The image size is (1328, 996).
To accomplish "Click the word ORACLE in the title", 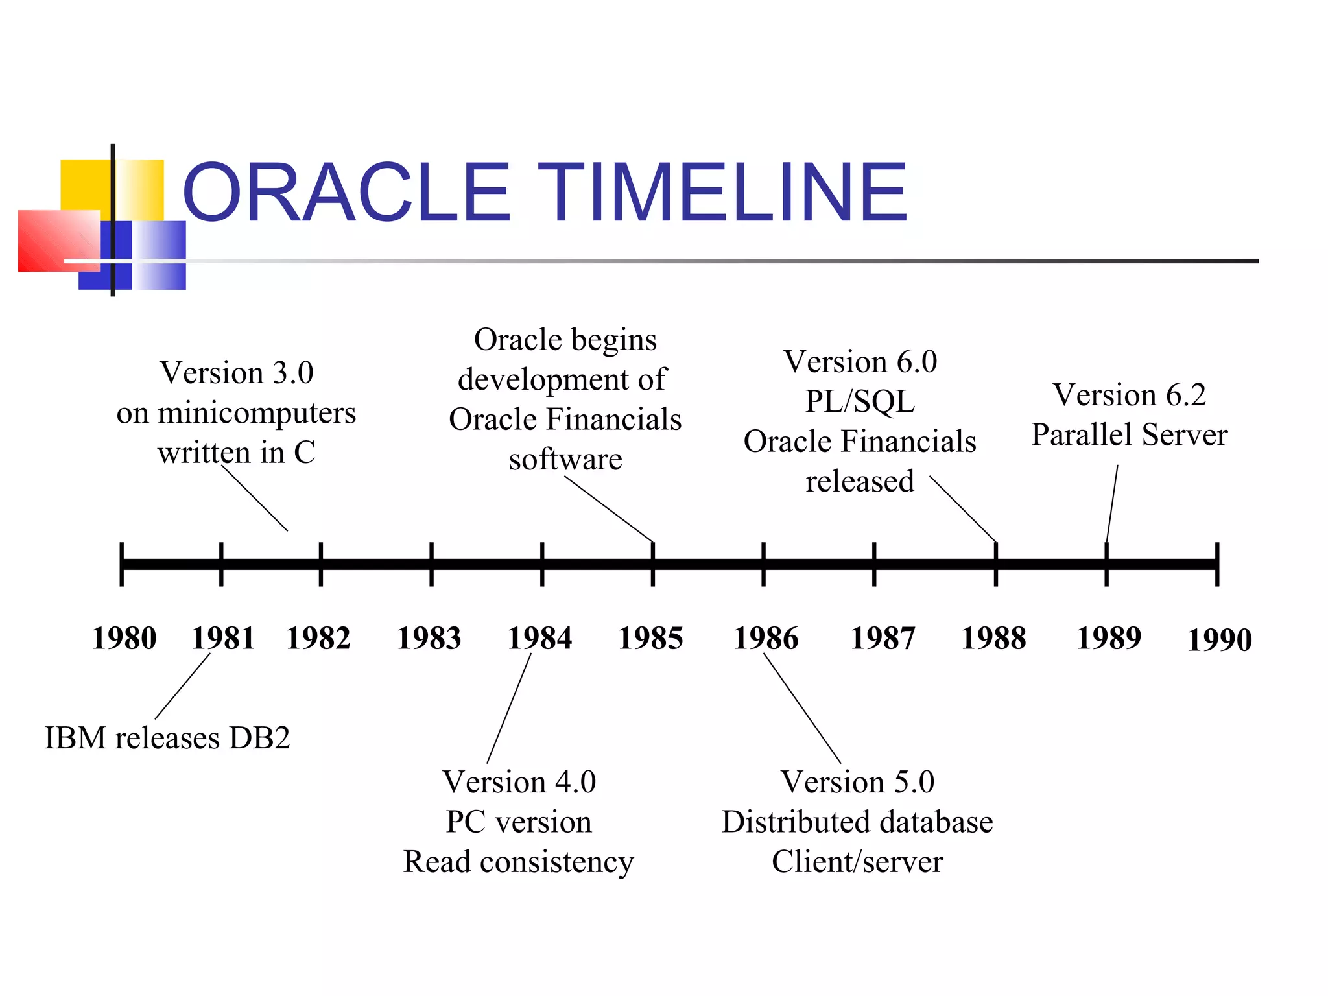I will click(347, 193).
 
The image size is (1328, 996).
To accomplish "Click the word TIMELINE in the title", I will click(723, 193).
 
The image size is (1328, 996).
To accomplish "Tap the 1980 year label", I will click(124, 638).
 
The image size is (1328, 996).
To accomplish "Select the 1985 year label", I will click(650, 638).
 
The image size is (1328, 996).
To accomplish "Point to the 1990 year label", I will click(1219, 640).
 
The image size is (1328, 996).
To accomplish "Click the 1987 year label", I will click(883, 638).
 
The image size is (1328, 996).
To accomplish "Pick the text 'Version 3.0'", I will click(237, 373).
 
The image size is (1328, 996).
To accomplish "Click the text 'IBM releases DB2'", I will click(167, 738).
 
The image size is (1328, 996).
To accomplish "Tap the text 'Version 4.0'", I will click(519, 782).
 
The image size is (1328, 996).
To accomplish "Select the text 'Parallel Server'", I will click(1130, 434).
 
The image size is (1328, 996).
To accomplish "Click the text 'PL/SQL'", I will click(860, 401).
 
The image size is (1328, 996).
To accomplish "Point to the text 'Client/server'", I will click(857, 862).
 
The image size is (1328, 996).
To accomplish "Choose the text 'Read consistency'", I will click(519, 862).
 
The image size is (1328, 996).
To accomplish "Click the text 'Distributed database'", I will click(857, 822).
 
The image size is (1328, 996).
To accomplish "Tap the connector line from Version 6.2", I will click(1112, 503).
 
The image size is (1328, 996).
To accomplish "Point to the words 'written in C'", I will click(237, 453).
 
